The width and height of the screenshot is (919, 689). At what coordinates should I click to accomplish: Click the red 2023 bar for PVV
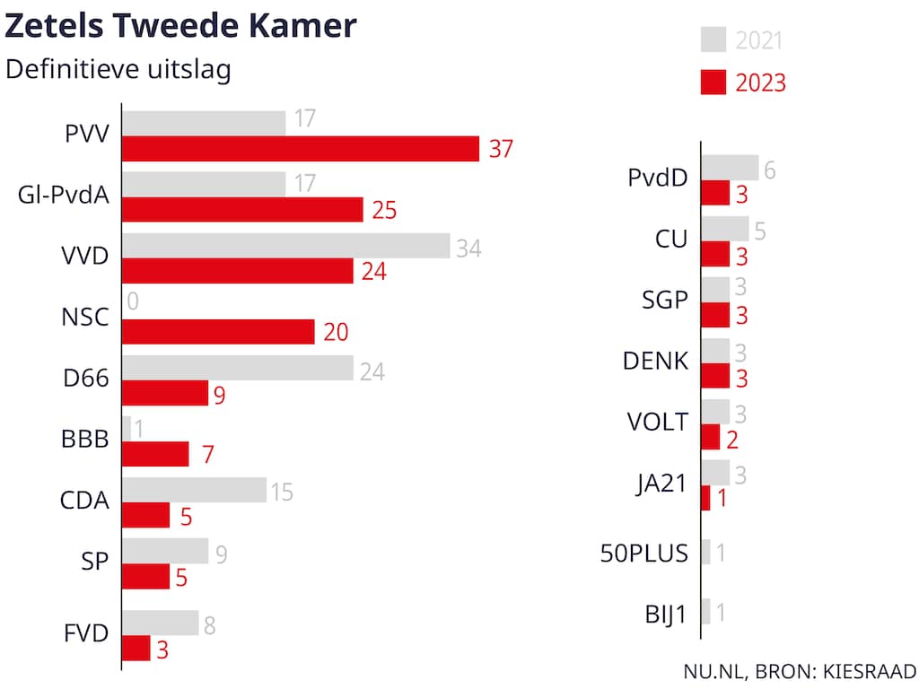pos(301,149)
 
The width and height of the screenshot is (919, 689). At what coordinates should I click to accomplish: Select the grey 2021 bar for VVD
pos(285,246)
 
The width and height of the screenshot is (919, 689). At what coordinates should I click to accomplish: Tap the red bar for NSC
pos(218,332)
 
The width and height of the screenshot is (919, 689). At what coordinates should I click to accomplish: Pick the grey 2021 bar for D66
pos(238,368)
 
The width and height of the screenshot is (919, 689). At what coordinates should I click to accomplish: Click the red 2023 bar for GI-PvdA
pos(242,210)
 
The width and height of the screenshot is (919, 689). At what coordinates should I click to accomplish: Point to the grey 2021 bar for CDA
pos(194,490)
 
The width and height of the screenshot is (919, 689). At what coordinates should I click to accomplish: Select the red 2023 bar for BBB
pos(155,454)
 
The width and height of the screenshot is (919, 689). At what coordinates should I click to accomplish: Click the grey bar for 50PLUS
pos(706,552)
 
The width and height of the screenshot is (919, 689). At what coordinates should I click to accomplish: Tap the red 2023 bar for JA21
pos(705,498)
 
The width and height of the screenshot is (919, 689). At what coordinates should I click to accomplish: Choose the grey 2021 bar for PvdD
pos(730,167)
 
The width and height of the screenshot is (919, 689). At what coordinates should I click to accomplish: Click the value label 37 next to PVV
pos(501,149)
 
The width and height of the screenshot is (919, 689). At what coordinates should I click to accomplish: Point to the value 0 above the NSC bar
pos(133,302)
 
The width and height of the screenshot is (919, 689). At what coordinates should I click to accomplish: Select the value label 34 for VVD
pos(468,249)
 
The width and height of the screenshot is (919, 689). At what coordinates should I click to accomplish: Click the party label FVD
pos(88,633)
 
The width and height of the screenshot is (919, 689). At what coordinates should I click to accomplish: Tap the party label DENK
pos(655,362)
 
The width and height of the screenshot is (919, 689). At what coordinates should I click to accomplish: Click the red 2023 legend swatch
pos(713,83)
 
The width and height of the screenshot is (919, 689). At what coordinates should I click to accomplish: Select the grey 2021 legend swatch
pos(713,40)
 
